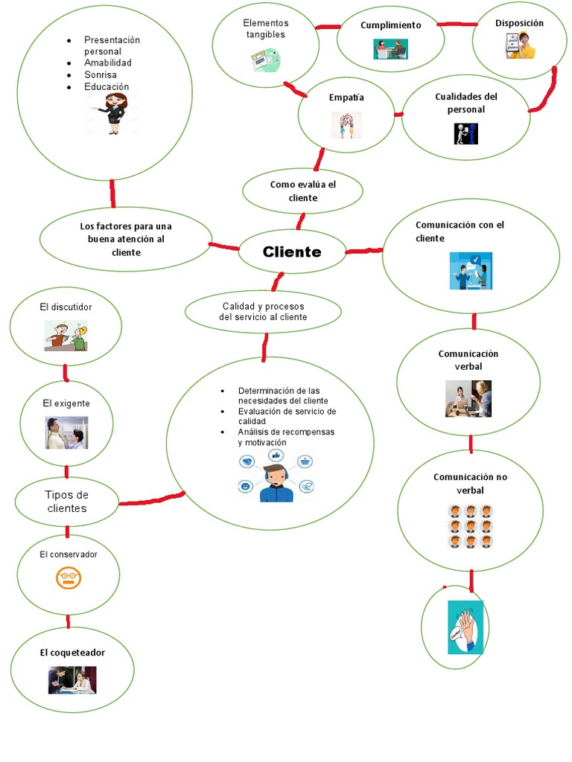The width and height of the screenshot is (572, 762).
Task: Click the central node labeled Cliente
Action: point(292,252)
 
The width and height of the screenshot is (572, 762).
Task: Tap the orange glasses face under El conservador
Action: point(68,578)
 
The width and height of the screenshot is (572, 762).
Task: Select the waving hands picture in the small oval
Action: point(465,627)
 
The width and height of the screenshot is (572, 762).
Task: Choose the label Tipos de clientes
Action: point(67,502)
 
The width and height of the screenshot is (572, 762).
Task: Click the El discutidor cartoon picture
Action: point(66,336)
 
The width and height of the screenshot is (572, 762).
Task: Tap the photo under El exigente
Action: point(66,433)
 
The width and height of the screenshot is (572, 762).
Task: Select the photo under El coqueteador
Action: point(72,679)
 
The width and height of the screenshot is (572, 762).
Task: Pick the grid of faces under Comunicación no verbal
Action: point(470,526)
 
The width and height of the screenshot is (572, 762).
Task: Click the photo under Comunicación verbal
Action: point(468,399)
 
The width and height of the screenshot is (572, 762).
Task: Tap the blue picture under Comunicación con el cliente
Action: point(471,271)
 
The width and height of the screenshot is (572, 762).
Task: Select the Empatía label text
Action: point(346,97)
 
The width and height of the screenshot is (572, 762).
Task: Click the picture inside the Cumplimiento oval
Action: point(390,49)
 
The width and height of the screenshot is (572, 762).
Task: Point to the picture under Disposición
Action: point(521,46)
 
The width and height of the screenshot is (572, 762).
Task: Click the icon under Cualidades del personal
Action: point(465,133)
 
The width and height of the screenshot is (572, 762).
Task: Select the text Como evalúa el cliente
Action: point(302,190)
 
